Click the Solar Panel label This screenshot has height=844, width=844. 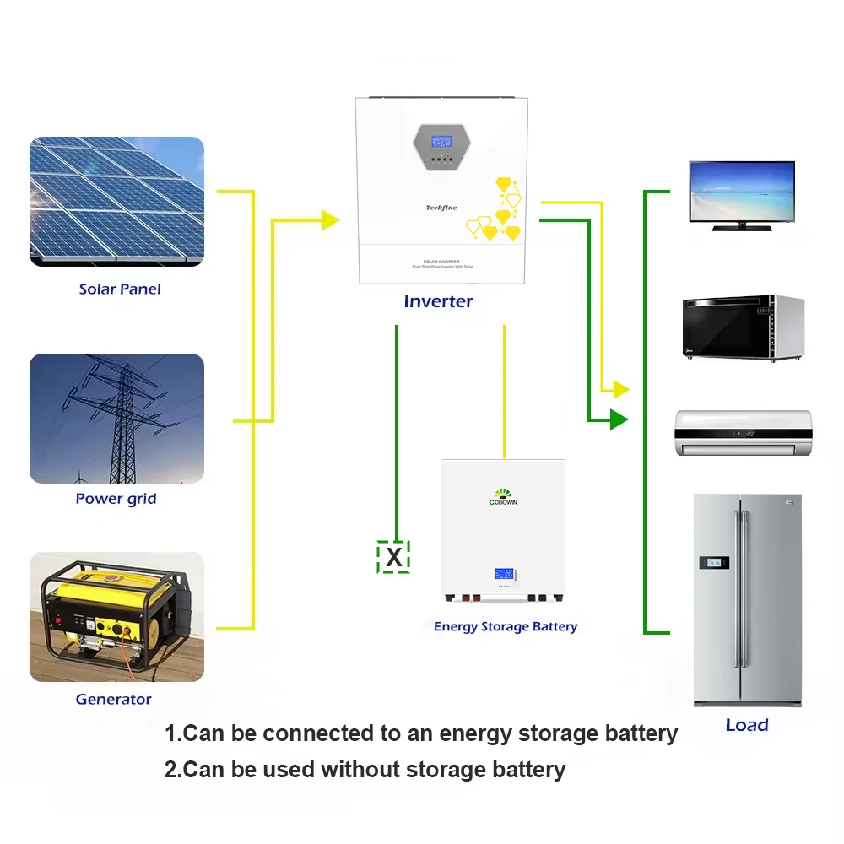[119, 289]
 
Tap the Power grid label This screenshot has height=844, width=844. [116, 498]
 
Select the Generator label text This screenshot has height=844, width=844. [113, 699]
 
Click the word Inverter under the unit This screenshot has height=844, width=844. [438, 301]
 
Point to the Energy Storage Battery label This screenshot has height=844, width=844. [505, 626]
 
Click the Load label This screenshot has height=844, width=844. [747, 725]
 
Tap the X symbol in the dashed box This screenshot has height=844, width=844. [393, 556]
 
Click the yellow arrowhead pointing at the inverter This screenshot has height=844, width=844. [330, 220]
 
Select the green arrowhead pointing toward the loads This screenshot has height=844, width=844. [619, 419]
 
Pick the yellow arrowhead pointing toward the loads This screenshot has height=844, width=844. [621, 389]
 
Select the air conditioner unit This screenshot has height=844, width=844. [743, 433]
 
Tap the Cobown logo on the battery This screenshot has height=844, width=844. [504, 496]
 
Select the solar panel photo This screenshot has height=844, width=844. [116, 202]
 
